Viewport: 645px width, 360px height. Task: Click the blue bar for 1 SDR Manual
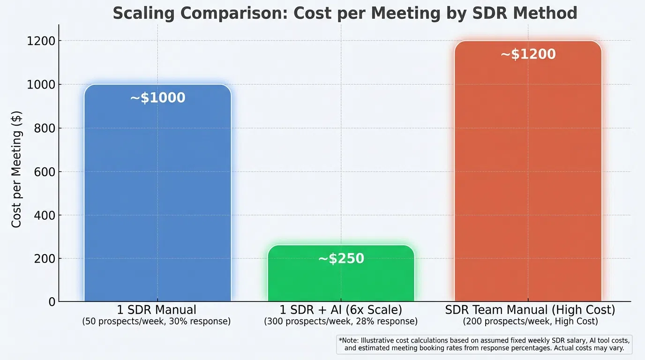[x=157, y=197]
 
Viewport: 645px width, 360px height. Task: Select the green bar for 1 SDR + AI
[x=341, y=281]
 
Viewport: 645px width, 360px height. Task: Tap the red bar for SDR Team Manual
[x=528, y=178]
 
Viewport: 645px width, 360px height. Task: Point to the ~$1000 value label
[x=157, y=98]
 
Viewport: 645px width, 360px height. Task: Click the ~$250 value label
[x=341, y=259]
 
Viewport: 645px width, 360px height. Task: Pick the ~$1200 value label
[x=528, y=54]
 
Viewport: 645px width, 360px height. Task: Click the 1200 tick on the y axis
[x=41, y=41]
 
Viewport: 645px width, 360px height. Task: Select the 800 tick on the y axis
[x=45, y=128]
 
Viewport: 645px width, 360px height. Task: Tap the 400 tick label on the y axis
[x=45, y=215]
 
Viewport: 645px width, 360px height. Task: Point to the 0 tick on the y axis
[x=51, y=302]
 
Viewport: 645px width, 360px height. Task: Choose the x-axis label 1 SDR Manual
[x=157, y=310]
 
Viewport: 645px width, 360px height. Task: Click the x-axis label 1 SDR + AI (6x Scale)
[x=341, y=310]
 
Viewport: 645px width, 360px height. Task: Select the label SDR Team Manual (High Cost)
[x=530, y=310]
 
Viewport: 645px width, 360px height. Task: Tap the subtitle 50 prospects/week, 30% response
[x=157, y=322]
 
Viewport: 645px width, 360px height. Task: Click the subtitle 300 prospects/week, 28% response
[x=341, y=322]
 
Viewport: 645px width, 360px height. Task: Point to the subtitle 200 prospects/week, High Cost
[x=530, y=322]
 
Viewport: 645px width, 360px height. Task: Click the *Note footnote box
[x=484, y=344]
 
